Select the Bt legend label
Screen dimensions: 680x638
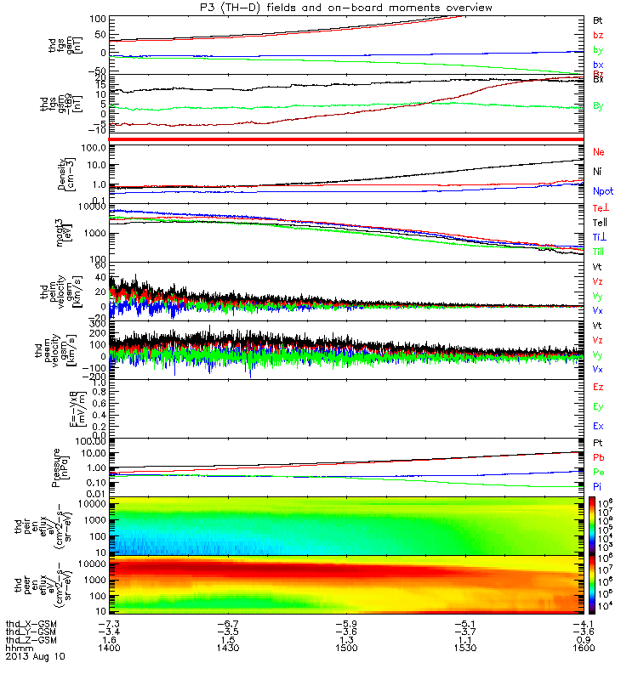click(597, 19)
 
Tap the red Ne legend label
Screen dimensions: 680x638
click(598, 151)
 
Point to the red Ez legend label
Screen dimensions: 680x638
click(598, 387)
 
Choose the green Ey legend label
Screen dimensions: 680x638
click(598, 406)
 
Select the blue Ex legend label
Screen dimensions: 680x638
click(598, 426)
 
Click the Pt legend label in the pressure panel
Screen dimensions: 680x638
click(597, 445)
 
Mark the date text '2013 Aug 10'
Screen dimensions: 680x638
click(34, 657)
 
